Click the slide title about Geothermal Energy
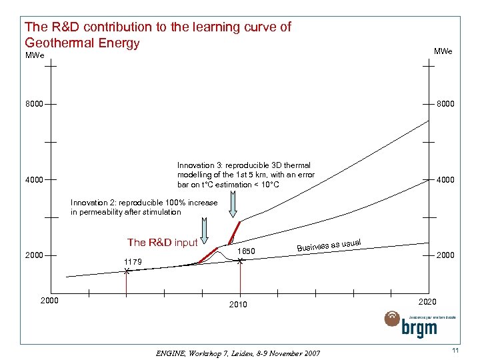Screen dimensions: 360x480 (157, 35)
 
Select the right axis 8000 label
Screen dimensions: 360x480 (445, 105)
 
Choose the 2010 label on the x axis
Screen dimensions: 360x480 (238, 305)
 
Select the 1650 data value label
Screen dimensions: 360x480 (247, 251)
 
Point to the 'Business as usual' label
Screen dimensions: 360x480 (329, 245)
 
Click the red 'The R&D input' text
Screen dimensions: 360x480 (162, 242)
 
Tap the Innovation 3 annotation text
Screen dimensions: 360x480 (245, 175)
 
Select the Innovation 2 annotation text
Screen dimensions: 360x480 (144, 207)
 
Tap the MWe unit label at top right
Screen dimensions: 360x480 (443, 51)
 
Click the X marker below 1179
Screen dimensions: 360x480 (127, 271)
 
